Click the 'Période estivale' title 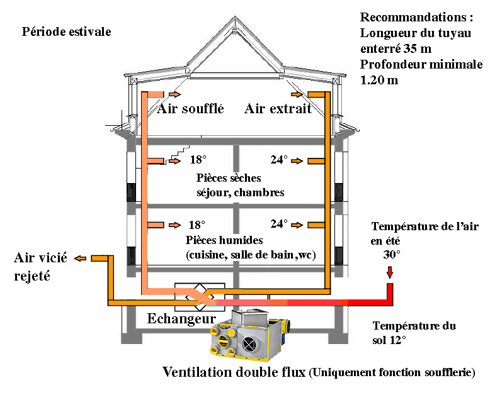coord(66,32)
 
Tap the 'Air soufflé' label coord(190,109)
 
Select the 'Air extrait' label coord(278,109)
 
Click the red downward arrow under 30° coord(390,272)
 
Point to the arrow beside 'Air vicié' coord(80,259)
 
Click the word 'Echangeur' coord(181,319)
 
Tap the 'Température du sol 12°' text coord(414,333)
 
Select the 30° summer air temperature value coord(392,255)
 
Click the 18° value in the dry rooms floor coord(198,160)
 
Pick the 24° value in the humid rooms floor coord(279,224)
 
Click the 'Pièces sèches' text coord(229,178)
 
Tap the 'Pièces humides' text coord(224,240)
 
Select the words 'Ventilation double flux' coord(234,372)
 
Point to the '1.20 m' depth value coord(379,80)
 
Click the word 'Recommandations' coord(413,17)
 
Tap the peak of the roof coord(235,17)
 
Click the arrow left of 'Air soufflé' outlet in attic coord(174,94)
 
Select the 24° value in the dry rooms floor coord(279,160)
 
